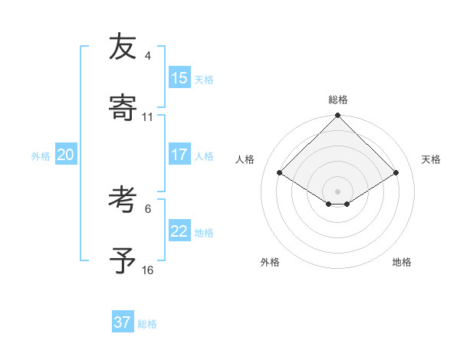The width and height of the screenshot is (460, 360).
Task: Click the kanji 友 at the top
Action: [122, 47]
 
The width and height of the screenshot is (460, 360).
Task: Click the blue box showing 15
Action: [179, 78]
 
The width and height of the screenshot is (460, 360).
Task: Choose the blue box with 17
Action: [179, 155]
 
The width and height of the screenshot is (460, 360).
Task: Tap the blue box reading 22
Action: [179, 231]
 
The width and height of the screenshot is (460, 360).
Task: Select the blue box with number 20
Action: [65, 155]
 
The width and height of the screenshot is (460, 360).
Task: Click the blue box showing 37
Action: [122, 322]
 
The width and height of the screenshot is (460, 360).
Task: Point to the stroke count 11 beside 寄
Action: [148, 117]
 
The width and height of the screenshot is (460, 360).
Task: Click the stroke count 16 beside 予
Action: [148, 270]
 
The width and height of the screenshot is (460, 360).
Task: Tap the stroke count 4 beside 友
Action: [148, 56]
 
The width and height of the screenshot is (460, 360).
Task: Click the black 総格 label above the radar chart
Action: [338, 100]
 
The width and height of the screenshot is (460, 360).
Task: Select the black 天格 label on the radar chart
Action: [431, 159]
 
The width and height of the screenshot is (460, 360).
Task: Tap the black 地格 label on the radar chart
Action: [402, 262]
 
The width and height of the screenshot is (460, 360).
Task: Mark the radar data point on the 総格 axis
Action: [338, 116]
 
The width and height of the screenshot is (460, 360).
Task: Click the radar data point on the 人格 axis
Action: [280, 173]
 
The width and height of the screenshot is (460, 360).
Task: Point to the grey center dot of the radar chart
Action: [338, 191]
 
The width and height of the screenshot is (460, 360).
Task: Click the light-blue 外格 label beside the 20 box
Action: [41, 156]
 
